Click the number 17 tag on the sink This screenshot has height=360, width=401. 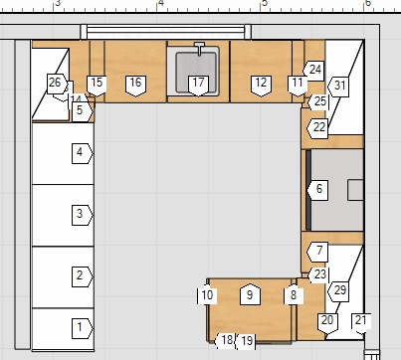pos(198,86)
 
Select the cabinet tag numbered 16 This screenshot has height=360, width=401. pos(135,86)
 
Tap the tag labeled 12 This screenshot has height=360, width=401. pos(261,86)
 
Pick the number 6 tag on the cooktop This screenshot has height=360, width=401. pos(317,190)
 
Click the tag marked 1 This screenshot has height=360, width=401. pos(83,328)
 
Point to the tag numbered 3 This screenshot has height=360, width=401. pos(83,215)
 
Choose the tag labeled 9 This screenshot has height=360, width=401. pos(250,294)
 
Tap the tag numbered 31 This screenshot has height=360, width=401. pos(338,87)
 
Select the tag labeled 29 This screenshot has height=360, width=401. pos(338,291)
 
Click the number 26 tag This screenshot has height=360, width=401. pos(58,84)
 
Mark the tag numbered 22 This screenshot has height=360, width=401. pos(317,128)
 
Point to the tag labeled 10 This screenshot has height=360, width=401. pos(207,295)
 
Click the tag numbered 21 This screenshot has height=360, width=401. pos(361,323)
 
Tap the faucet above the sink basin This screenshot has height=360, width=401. pos(199,49)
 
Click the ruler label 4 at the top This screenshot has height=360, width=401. pos(161,3)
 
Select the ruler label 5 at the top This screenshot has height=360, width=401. pos(265,3)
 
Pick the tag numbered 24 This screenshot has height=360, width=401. pos(313,71)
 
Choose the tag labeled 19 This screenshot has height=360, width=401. pos(246,341)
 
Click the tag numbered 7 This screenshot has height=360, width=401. pos(317,252)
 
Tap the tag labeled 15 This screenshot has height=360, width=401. pos(97,86)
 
